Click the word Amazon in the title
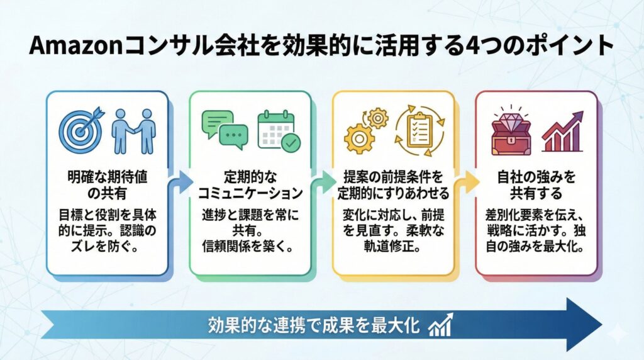pos(68,47)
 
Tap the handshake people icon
pos(133,132)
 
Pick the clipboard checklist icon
pos(418,130)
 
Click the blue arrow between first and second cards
pos(180,183)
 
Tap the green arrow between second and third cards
pos(323,183)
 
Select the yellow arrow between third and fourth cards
pos(466,183)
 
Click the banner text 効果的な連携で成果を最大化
pos(314,326)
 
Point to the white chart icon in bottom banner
pos(441,325)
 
